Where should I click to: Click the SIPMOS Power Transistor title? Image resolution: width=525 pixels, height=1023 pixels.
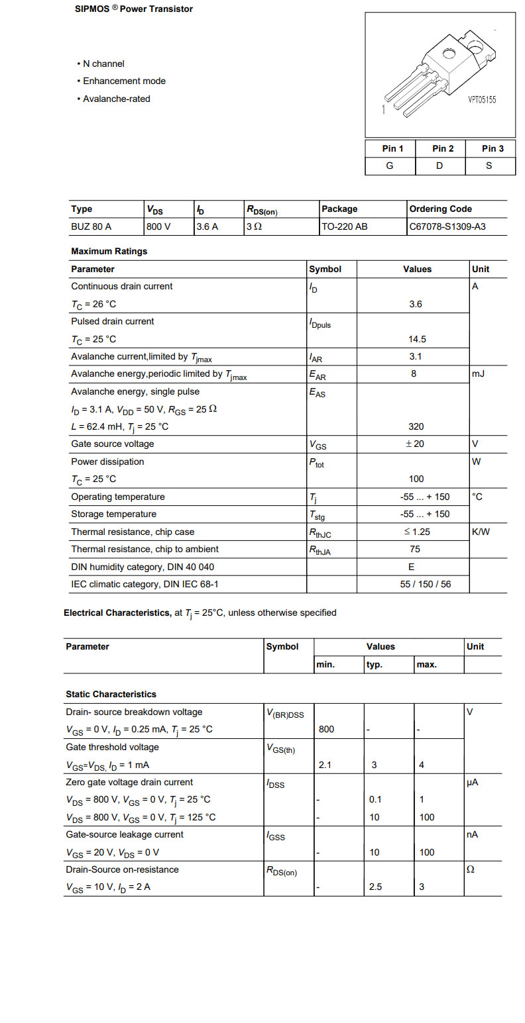coord(134,9)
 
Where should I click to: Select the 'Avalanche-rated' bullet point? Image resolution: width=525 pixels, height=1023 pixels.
coord(116,99)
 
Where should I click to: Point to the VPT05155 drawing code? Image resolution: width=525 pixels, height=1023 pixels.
coord(482,100)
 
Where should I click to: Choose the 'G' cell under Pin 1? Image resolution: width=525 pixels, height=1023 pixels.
coord(390,166)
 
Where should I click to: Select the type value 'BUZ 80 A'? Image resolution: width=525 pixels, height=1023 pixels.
coord(91,226)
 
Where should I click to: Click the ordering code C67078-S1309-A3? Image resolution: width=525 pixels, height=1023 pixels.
coord(447,226)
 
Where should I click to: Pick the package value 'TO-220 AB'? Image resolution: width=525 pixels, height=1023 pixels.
coord(345,226)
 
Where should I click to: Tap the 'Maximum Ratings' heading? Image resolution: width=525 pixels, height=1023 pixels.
coord(109,251)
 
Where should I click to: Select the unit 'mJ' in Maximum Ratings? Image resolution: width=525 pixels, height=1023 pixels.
coord(479,374)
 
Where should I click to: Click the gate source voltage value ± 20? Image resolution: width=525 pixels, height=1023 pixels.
coord(415,444)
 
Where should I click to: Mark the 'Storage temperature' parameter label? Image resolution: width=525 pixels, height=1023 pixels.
coord(114,514)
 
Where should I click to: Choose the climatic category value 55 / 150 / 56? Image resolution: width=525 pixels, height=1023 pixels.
coord(416,584)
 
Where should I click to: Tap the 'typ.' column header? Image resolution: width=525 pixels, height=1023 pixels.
coord(375,665)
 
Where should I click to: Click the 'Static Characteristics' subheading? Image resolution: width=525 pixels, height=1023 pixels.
coord(111,694)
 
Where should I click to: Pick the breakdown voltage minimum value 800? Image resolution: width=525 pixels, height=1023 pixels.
coord(326,729)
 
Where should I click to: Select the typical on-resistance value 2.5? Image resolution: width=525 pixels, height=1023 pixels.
coord(375,887)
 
